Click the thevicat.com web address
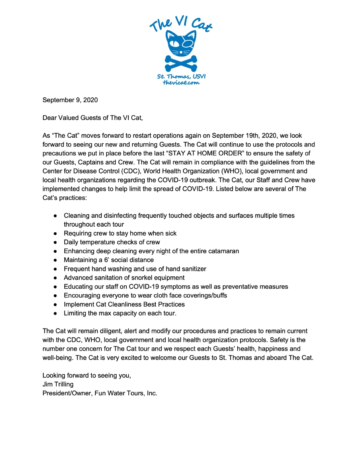click(181, 83)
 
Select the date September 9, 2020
click(70, 100)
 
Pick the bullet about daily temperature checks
click(112, 242)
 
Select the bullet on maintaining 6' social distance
click(109, 260)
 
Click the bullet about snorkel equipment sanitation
click(124, 278)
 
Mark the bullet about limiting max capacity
click(120, 313)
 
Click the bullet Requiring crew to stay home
click(120, 233)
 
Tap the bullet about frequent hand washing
click(135, 269)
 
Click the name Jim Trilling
click(58, 384)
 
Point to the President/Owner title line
click(100, 393)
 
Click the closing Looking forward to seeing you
click(87, 376)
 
